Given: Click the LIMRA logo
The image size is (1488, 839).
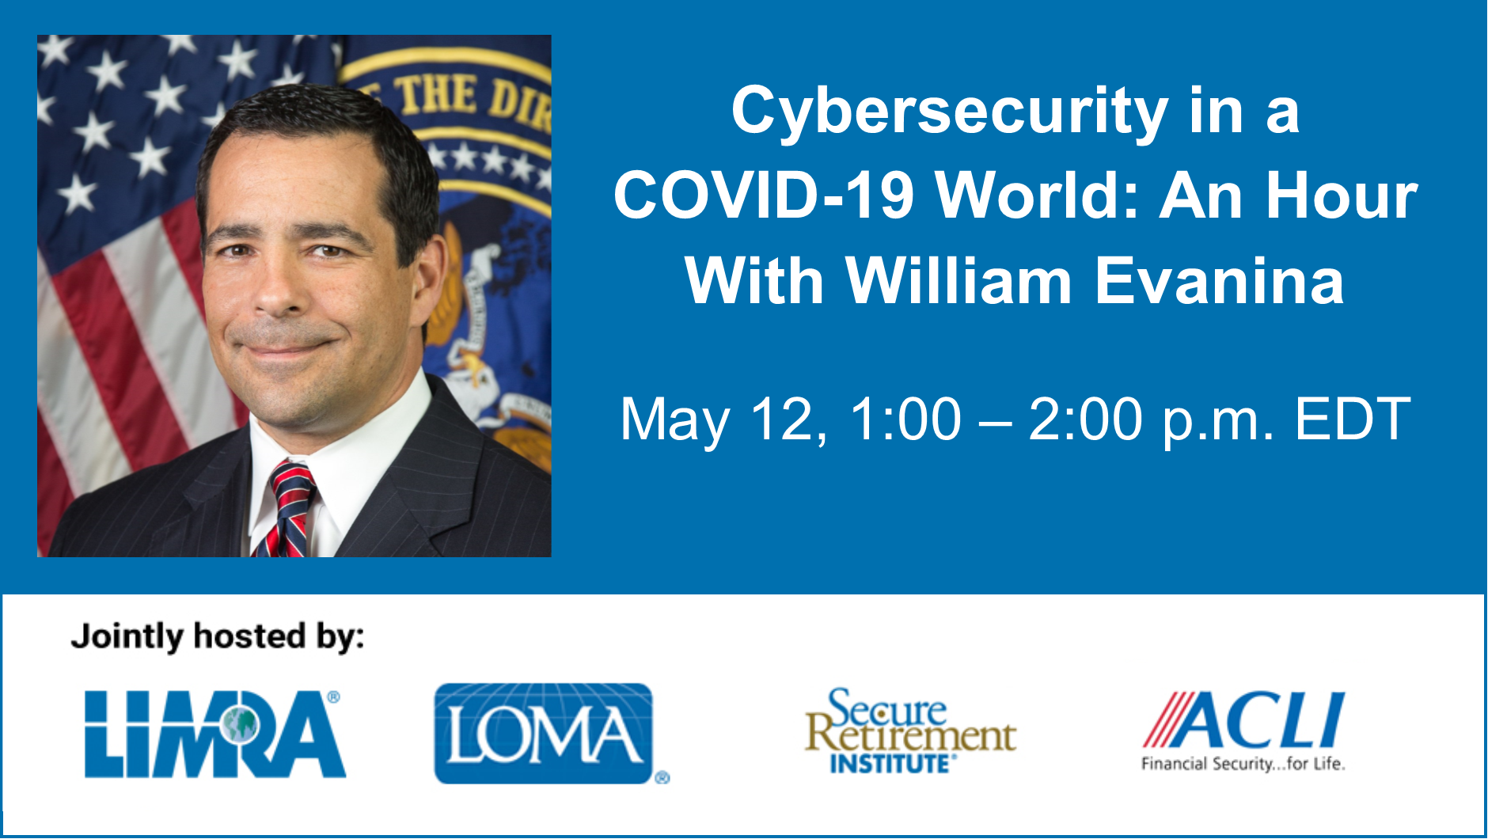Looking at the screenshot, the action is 215,734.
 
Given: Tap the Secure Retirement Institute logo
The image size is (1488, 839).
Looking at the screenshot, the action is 910,731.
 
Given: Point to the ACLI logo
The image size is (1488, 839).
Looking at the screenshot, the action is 1243,731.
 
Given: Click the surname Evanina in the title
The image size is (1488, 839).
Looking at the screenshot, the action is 1220,281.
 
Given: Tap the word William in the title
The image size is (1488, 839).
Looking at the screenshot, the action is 958,281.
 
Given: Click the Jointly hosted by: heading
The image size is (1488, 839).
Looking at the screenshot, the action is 218,637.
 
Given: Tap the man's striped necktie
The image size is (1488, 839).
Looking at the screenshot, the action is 288,510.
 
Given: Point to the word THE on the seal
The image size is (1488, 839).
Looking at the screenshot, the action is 436,97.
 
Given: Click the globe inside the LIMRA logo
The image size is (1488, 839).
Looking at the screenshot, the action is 239,725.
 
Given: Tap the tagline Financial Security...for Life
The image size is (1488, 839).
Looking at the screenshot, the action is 1243,764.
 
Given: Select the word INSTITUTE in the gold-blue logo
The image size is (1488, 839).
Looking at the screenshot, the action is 890,764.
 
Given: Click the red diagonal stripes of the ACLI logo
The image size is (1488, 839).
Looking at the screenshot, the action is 1165,719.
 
